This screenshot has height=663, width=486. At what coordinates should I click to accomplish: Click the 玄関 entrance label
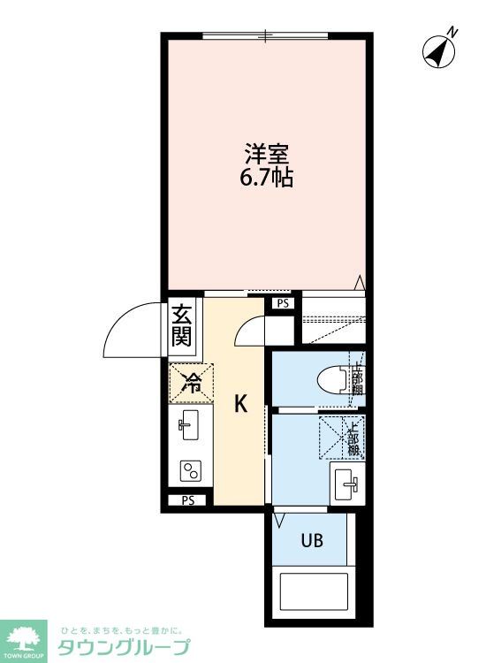[x=182, y=324]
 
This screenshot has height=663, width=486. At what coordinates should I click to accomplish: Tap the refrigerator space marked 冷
[x=191, y=383]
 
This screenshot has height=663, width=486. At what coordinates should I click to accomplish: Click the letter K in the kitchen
[x=239, y=405]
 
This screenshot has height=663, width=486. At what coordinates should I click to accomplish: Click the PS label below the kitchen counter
[x=187, y=500]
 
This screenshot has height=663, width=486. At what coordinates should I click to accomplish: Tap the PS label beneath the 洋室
[x=282, y=303]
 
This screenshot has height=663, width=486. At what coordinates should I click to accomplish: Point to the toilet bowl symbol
[x=332, y=379]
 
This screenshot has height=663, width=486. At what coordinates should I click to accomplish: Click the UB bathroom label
[x=311, y=540]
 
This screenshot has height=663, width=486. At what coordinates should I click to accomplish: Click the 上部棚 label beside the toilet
[x=357, y=381]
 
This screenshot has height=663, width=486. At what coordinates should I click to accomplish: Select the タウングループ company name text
[x=123, y=647]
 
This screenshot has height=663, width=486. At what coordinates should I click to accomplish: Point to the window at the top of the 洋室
[x=265, y=36]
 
